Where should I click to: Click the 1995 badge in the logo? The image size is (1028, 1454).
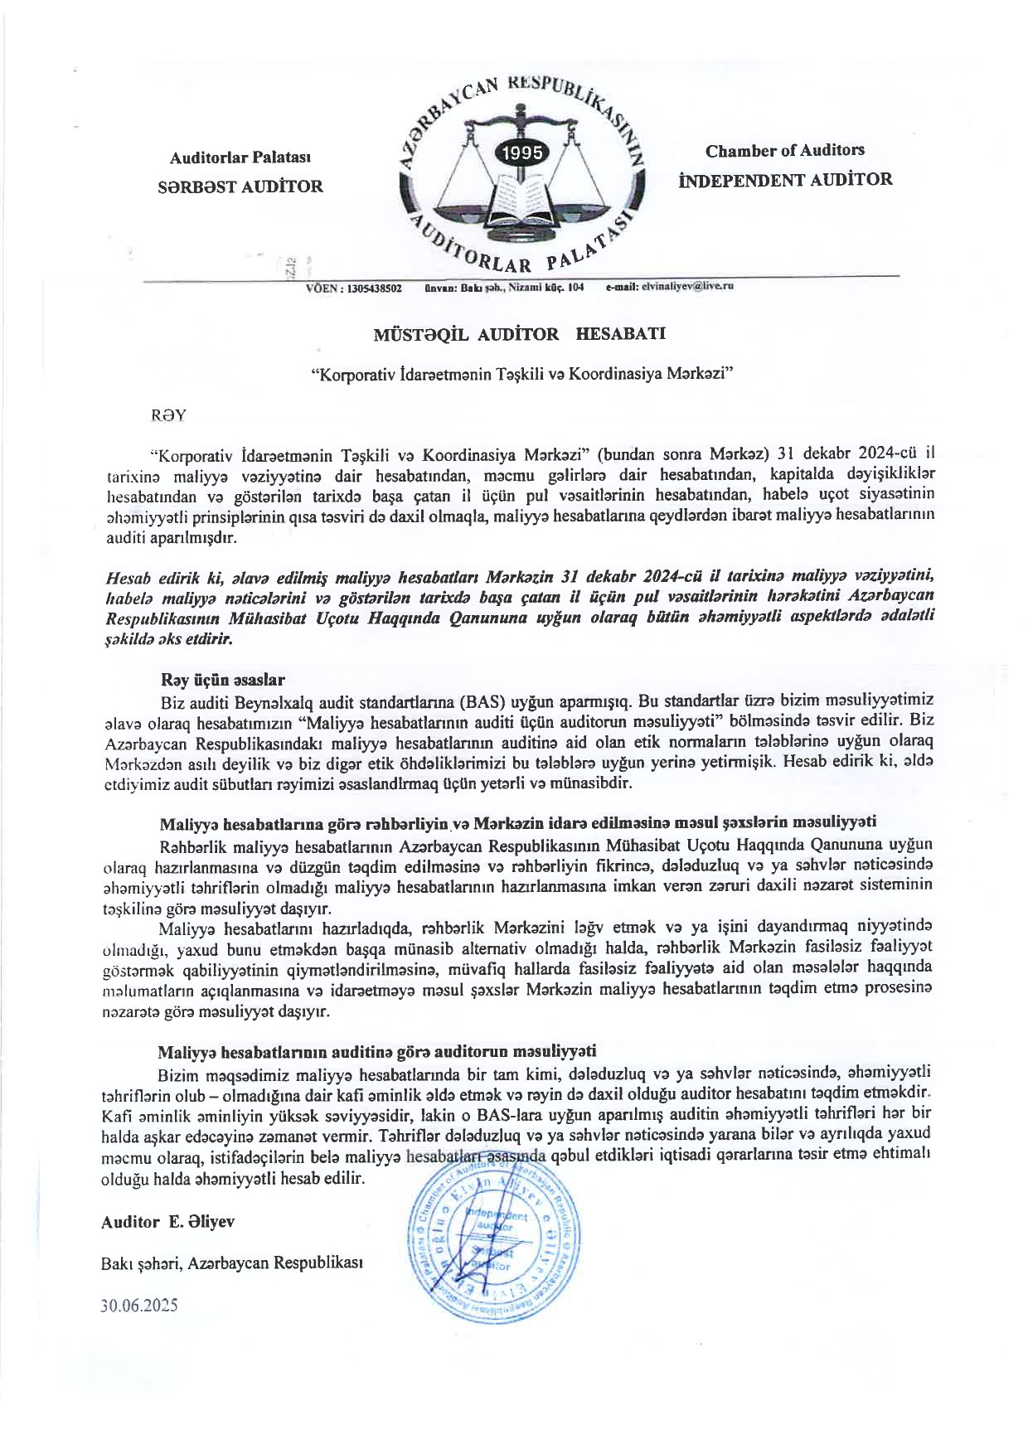(519, 153)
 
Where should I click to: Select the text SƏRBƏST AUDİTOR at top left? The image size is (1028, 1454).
(240, 187)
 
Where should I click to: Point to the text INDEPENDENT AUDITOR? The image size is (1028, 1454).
(785, 179)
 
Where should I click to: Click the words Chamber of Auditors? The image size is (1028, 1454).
(784, 151)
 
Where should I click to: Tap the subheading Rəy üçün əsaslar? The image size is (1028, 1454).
(223, 680)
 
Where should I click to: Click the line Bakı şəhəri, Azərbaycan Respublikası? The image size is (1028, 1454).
(231, 1263)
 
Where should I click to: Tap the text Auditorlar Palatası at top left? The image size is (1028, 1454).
(240, 158)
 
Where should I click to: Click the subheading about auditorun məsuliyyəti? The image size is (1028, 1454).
(377, 1051)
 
